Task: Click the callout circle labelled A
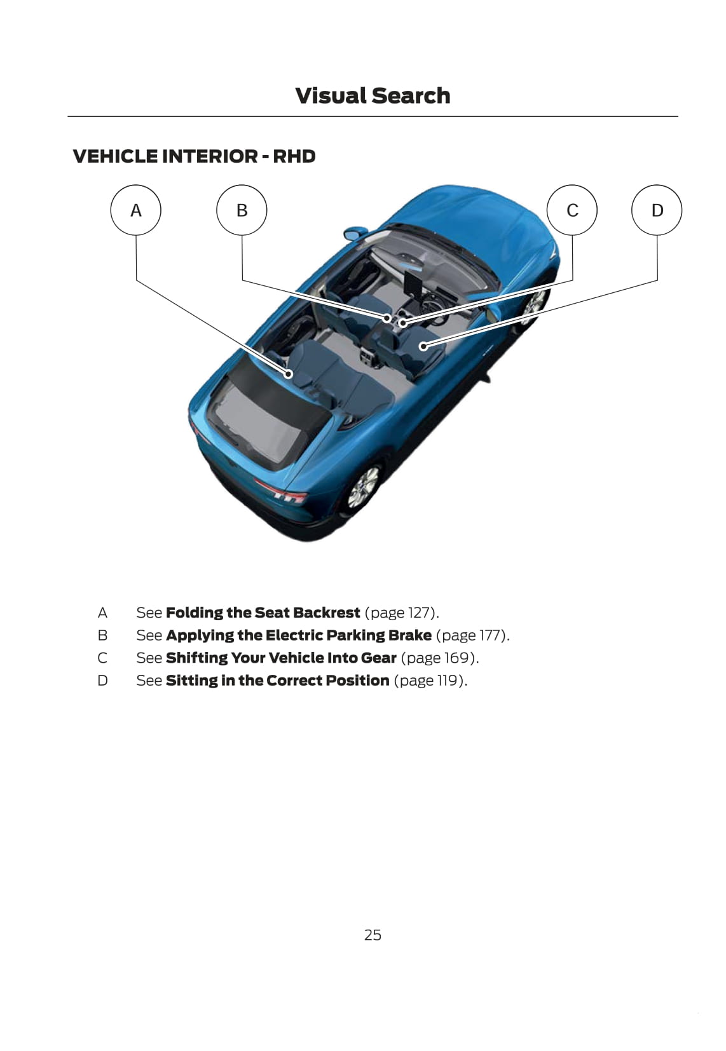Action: click(135, 210)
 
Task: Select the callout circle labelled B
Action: click(242, 210)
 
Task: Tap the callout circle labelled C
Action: click(572, 210)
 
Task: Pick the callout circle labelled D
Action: click(657, 210)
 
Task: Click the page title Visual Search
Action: click(373, 96)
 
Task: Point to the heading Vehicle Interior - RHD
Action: click(194, 156)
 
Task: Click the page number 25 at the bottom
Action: click(373, 935)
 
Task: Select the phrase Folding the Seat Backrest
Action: click(263, 613)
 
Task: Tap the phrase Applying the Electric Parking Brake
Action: click(298, 635)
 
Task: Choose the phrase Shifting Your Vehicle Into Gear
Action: click(281, 658)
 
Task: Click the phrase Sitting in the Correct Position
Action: click(277, 681)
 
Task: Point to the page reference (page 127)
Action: click(401, 613)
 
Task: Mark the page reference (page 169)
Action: click(439, 658)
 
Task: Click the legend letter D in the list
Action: click(102, 681)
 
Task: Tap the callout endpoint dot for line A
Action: click(288, 374)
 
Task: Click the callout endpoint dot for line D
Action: click(423, 346)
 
